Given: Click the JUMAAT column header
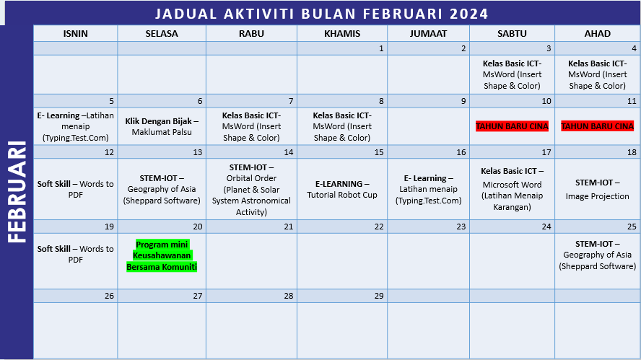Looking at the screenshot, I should [x=428, y=34].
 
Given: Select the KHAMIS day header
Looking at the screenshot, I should [x=341, y=34].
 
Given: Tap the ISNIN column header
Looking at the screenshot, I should [x=76, y=34].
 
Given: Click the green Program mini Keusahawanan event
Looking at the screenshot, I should [x=162, y=255].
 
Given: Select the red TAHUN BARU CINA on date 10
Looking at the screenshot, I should [x=512, y=126].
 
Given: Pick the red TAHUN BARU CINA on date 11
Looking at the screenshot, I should [x=597, y=126].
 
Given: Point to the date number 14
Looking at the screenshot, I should [x=288, y=152].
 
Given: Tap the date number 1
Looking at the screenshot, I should [x=380, y=48].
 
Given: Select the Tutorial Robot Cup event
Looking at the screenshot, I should [x=341, y=189].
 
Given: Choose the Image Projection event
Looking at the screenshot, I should [x=597, y=189].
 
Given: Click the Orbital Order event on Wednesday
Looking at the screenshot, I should [x=251, y=189].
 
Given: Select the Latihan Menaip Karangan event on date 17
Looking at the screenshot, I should [x=512, y=189].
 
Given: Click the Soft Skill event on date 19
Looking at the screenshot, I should [x=76, y=254].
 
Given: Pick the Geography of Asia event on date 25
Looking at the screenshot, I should [x=597, y=255].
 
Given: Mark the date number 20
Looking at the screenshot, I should [x=197, y=227].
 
